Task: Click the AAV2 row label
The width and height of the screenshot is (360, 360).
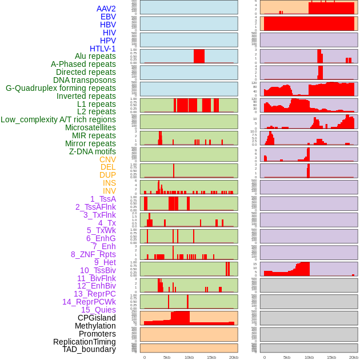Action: click(x=106, y=9)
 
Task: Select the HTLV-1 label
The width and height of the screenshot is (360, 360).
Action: click(x=102, y=49)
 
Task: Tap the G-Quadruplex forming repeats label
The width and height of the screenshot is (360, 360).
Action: click(x=61, y=88)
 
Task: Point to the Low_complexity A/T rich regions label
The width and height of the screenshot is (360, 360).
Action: click(x=58, y=119)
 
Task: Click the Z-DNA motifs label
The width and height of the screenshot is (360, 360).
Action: click(x=92, y=151)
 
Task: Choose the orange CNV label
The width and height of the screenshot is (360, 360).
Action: click(x=107, y=159)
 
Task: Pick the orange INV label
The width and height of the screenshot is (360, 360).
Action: click(x=109, y=191)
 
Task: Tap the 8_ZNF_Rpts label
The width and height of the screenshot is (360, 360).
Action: click(x=93, y=254)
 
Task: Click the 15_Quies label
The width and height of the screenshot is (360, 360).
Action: click(x=98, y=310)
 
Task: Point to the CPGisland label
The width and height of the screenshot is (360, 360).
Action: click(x=97, y=318)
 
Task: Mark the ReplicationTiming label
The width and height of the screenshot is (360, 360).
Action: click(x=84, y=342)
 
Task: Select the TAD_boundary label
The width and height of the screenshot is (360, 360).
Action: click(x=89, y=349)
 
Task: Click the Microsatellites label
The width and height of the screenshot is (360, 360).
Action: click(x=90, y=127)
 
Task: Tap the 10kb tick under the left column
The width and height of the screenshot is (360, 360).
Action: click(x=189, y=357)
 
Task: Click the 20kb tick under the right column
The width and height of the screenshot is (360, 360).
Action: click(x=354, y=357)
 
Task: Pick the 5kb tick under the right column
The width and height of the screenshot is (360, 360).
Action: click(x=287, y=357)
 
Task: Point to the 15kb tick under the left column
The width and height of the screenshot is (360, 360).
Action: click(x=211, y=357)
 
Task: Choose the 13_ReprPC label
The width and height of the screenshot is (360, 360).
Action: click(x=94, y=294)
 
